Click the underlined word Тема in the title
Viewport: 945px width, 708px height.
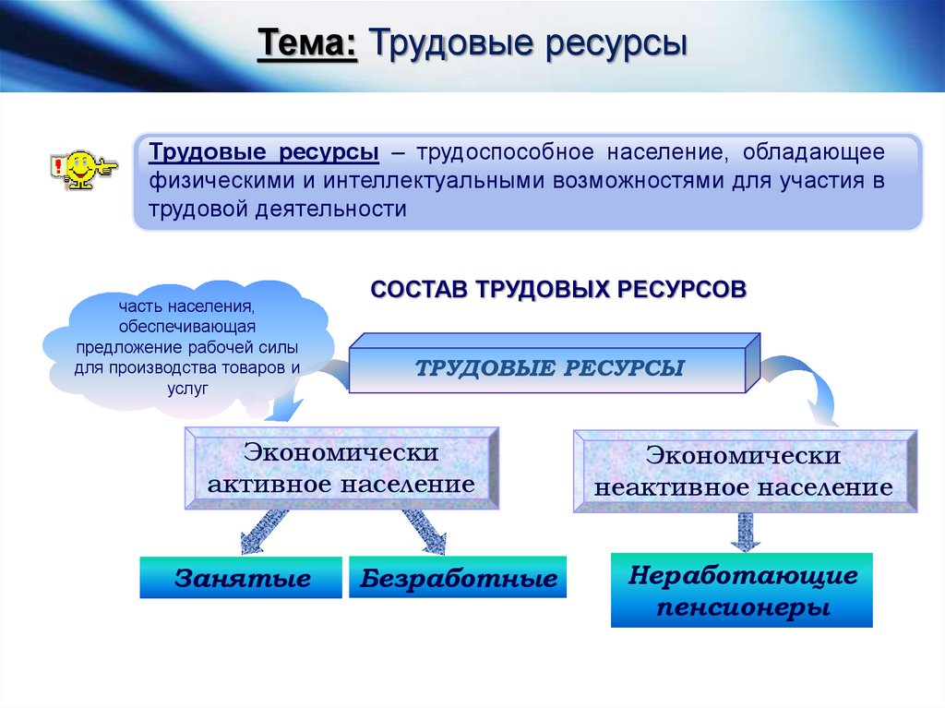[x=308, y=43]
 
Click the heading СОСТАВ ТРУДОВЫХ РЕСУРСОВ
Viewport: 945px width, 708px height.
[x=557, y=289]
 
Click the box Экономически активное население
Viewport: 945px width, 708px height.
[x=341, y=468]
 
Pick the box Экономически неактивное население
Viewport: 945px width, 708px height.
[x=744, y=471]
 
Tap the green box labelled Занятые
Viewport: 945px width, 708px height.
[x=242, y=579]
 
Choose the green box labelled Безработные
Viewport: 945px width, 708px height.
[x=459, y=579]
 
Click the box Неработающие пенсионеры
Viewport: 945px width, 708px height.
[x=742, y=591]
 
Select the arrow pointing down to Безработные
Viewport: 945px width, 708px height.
[x=425, y=532]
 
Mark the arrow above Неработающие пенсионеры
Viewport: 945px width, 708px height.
[x=744, y=532]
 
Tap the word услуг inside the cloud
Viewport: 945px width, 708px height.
[x=189, y=389]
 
